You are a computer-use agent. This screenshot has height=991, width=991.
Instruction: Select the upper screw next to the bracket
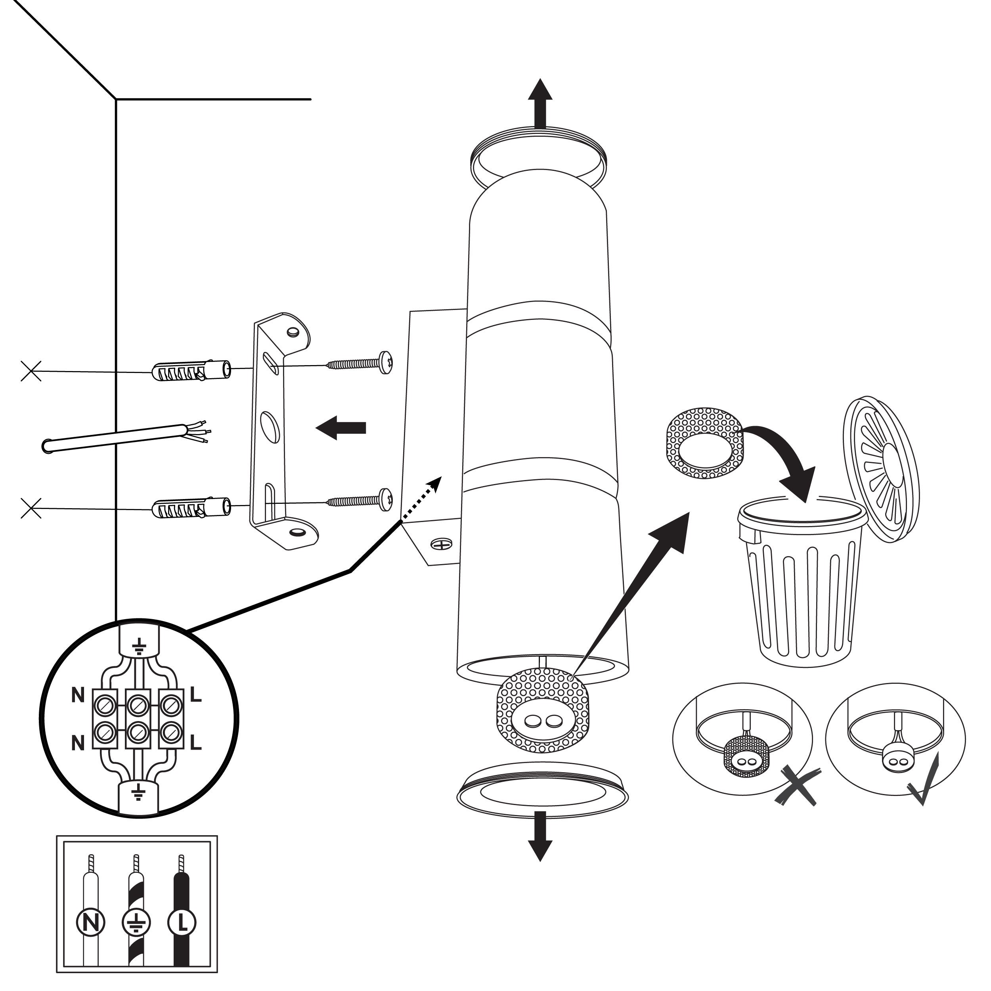[x=360, y=363]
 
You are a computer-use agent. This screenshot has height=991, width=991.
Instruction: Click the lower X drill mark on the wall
[x=31, y=508]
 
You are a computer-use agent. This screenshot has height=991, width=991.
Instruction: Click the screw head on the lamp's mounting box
[x=440, y=543]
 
